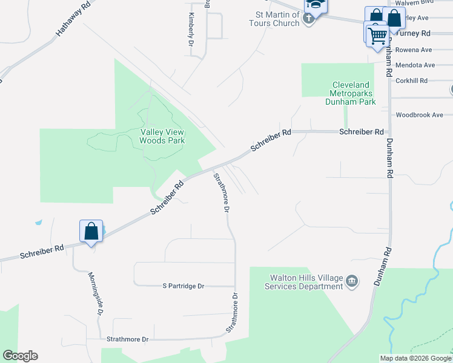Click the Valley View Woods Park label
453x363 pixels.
[162, 136]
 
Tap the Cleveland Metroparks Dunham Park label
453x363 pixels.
[354, 93]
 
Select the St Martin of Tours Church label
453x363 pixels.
[278, 18]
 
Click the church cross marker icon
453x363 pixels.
[309, 19]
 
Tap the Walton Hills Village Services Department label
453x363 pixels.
[306, 282]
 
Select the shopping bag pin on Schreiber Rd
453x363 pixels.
[91, 231]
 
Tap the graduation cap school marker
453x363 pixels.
[315, 5]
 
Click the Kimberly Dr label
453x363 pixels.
[191, 30]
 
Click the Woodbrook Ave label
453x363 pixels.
[419, 115]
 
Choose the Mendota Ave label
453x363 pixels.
[415, 65]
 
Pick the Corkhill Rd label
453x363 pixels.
[411, 80]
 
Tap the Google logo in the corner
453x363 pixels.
[20, 356]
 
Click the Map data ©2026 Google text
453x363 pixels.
[415, 358]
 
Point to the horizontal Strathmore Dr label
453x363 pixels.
[127, 339]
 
